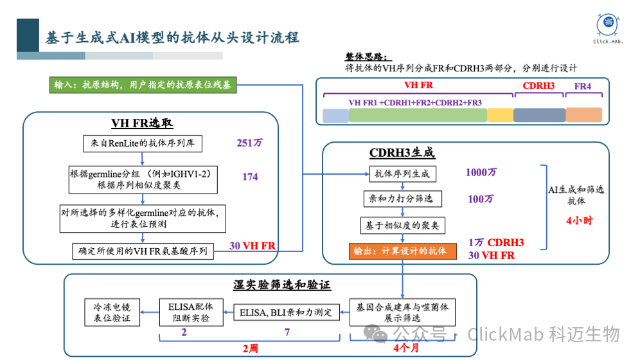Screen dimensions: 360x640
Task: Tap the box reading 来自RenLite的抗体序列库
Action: tap(142, 143)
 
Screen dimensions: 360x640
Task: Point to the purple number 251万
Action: tap(249, 143)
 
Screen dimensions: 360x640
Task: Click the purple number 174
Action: tap(250, 176)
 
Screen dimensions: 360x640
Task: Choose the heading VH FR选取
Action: tap(142, 124)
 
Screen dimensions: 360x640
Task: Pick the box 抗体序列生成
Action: tap(402, 174)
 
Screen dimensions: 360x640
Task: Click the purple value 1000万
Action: tap(481, 173)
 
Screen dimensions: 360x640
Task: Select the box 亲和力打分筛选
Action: tap(402, 199)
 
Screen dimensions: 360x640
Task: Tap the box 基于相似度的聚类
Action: tap(402, 225)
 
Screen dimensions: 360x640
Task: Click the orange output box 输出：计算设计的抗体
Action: tap(402, 251)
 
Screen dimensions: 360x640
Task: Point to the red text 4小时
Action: tap(579, 221)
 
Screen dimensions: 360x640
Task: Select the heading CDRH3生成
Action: tap(402, 153)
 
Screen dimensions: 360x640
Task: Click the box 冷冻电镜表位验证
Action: tap(112, 312)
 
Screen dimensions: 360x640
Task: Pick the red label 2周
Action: tap(251, 348)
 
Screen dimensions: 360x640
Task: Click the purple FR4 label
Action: tap(583, 86)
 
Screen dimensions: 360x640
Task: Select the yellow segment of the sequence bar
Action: tap(500, 115)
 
